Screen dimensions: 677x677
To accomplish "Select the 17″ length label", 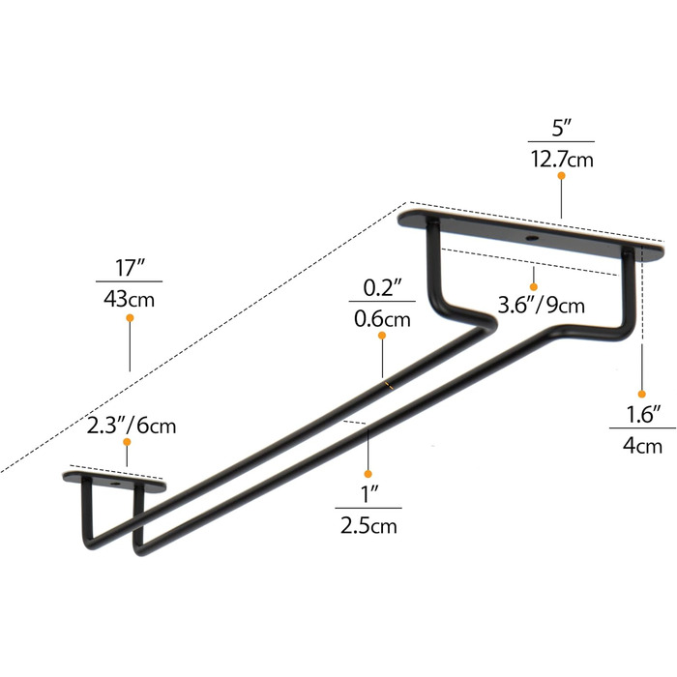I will [x=129, y=266].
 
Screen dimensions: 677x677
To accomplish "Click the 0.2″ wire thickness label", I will [x=382, y=288].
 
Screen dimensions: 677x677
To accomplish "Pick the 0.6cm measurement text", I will [x=382, y=318].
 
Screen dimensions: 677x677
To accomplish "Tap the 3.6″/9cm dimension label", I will [x=541, y=306].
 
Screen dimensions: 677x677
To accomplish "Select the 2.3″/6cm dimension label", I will [x=131, y=425].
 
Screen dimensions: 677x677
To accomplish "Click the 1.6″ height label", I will [x=642, y=415].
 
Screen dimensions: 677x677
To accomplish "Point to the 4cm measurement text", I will [x=642, y=446].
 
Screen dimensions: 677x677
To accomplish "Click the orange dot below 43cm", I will [x=130, y=317].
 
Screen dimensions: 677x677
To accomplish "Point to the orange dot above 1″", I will [x=368, y=473].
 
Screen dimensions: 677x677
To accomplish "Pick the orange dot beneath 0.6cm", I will [x=382, y=337].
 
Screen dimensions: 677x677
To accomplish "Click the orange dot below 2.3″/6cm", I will [x=128, y=443].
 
